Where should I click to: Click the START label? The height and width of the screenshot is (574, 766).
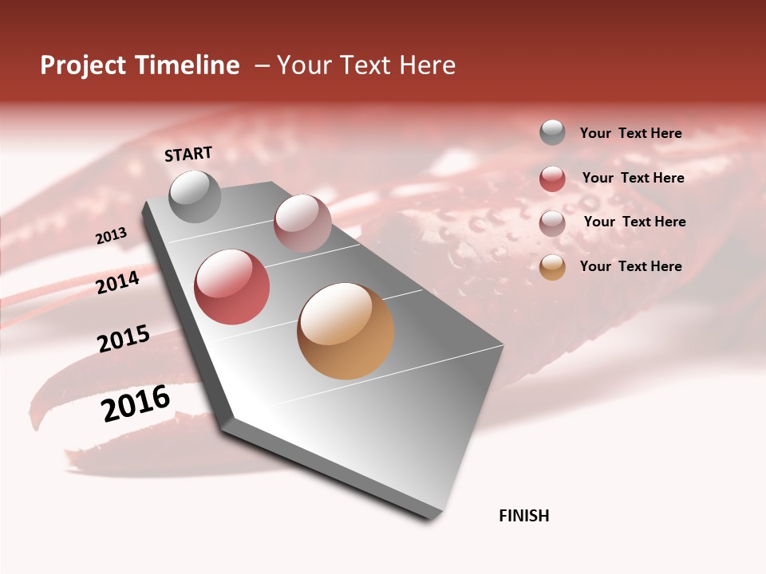coord(188,154)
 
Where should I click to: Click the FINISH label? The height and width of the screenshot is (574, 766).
coord(524,516)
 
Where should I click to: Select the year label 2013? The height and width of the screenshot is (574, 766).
coord(112,236)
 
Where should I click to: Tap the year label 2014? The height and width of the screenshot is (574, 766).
coord(118,282)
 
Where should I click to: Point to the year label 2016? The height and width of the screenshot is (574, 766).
coord(136,403)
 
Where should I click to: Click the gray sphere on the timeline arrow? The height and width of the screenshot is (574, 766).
coord(195,196)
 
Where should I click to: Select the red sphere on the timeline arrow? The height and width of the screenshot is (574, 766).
coord(232,287)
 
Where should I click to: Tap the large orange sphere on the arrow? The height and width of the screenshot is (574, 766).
coord(345,331)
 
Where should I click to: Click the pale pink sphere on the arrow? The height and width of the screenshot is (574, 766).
coord(302,223)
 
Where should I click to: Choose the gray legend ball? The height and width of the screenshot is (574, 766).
coord(552,132)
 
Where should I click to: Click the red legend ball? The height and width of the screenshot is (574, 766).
coord(552,179)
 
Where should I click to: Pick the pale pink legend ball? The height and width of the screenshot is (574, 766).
coord(552,223)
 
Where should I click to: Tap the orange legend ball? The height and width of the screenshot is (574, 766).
coord(552,267)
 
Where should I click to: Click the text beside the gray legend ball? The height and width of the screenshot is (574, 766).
coord(631,133)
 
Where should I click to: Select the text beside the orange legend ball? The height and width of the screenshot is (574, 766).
coord(631,266)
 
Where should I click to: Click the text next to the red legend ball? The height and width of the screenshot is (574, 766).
coord(634,178)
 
